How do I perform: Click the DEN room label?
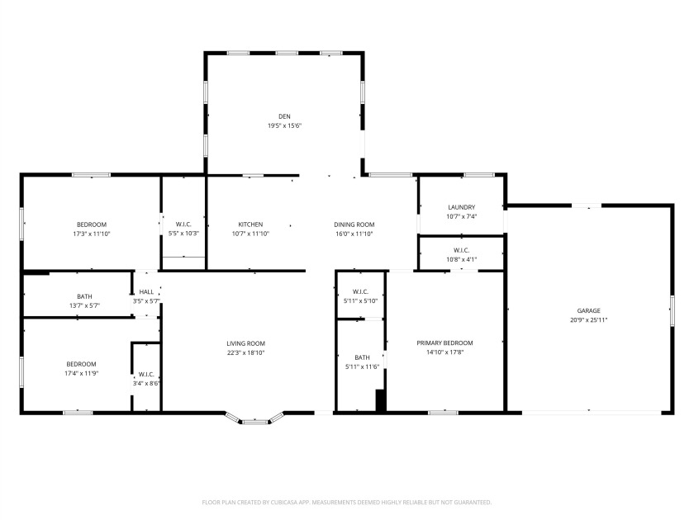coord(284,116)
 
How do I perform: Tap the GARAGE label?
coord(588,310)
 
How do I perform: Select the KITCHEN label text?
coord(250,225)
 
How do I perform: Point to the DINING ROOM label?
coord(354,225)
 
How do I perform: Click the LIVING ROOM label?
coord(245,343)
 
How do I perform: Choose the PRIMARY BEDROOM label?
coord(444,343)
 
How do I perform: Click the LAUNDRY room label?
coord(461,207)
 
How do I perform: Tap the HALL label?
coord(145,292)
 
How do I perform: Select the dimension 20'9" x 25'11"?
coord(588,320)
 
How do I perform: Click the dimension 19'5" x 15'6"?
coord(284,126)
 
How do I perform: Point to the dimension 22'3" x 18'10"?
coord(245,353)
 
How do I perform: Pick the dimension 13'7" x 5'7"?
coord(84,306)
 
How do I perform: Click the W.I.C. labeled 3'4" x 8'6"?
coord(145,374)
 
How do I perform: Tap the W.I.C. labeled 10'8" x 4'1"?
coord(461,250)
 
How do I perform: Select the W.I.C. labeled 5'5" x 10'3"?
coord(183,225)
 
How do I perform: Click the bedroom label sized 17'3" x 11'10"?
coord(91,225)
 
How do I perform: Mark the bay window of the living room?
coord(254,420)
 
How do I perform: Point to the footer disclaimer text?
coord(347,502)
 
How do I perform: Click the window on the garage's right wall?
coord(673,310)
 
